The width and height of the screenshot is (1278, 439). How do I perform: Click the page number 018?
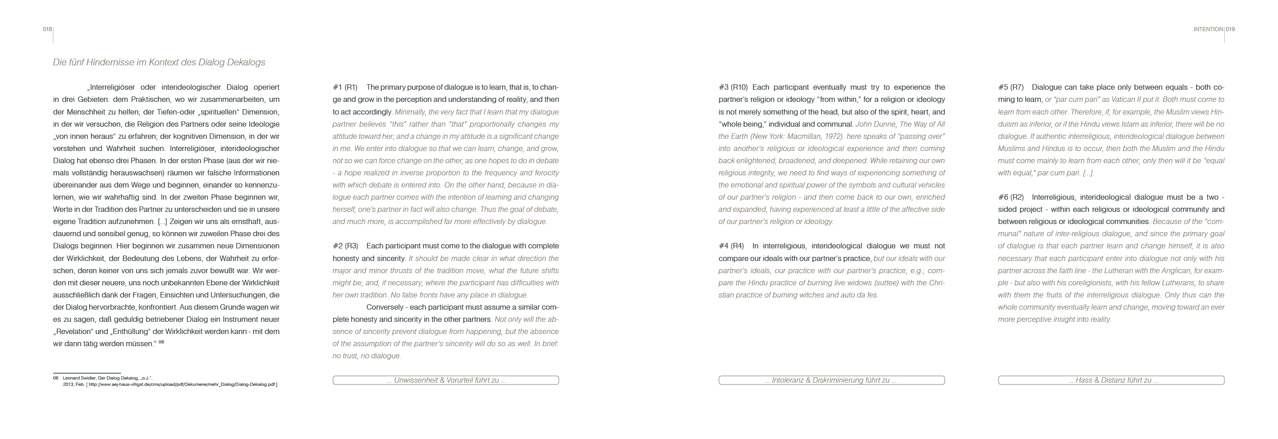47,29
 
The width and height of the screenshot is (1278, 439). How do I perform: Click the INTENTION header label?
1208,29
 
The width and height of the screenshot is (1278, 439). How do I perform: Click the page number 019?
1230,29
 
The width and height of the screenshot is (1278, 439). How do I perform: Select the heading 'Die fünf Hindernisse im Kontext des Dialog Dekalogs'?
159,63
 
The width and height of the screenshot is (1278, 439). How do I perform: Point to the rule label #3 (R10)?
733,87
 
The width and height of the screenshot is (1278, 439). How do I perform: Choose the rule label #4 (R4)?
731,246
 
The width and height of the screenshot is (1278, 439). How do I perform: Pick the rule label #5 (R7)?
1011,87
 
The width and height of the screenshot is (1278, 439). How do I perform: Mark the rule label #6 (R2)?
1011,197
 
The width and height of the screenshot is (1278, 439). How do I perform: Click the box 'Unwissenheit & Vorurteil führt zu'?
445,380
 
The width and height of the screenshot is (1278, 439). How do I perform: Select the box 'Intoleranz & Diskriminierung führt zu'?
832,380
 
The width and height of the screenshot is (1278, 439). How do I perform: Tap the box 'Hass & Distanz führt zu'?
1111,380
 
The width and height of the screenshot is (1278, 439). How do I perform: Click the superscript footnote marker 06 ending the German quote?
161,342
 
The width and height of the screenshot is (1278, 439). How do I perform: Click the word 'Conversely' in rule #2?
385,307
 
